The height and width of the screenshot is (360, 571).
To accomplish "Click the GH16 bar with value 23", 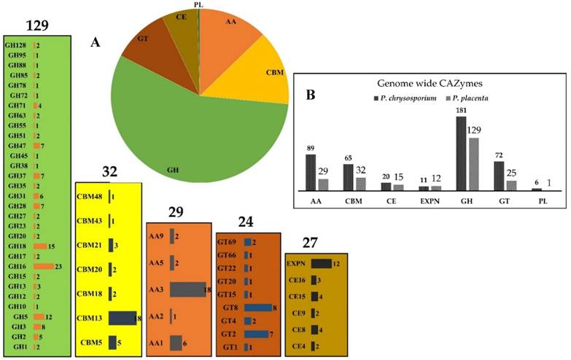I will (x=43, y=266).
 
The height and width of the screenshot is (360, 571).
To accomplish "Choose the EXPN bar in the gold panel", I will (x=321, y=264).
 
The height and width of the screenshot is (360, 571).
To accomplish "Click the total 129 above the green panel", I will (x=37, y=26).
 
